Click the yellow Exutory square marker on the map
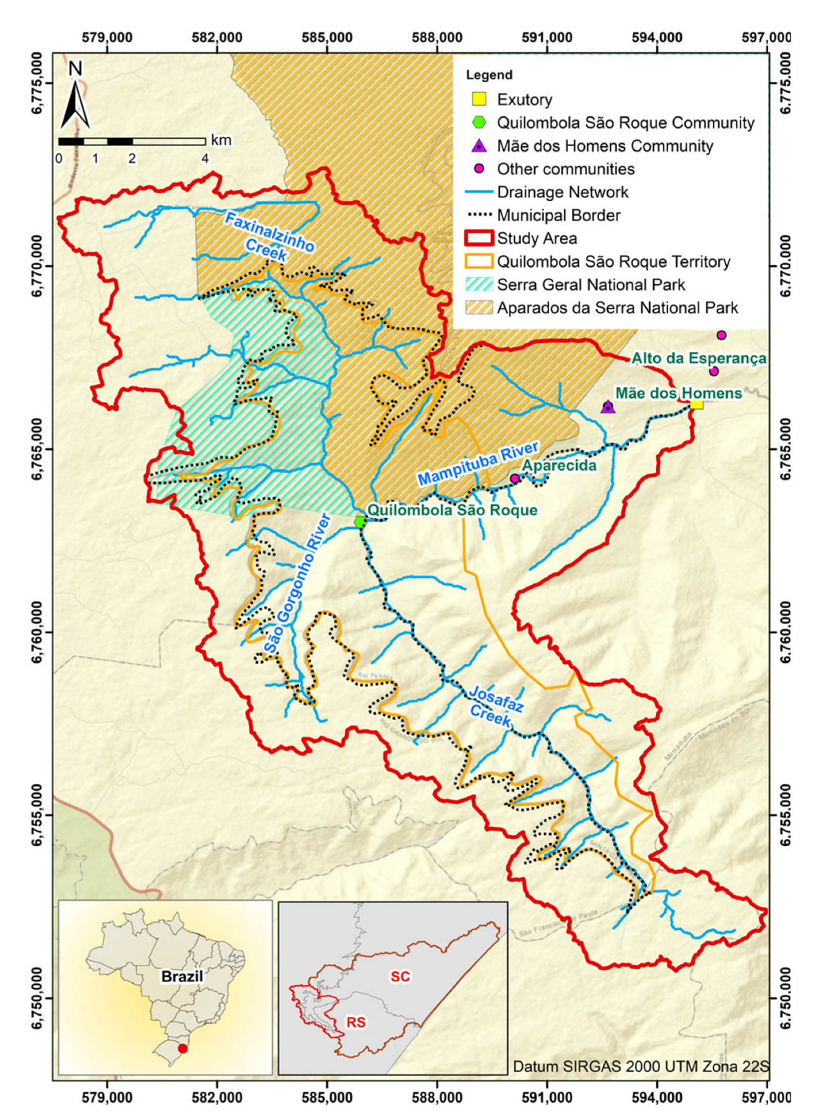(696, 404)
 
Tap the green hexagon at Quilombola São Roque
(360, 522)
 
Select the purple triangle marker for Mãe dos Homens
(608, 407)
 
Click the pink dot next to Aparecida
(515, 479)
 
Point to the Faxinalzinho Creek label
(269, 236)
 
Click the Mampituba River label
(478, 463)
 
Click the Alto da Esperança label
(699, 358)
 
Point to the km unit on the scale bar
(221, 140)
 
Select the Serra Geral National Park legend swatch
(479, 285)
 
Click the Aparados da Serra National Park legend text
(618, 308)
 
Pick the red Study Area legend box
(479, 238)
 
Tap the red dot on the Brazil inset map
(183, 1048)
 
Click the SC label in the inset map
(401, 976)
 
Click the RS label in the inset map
(356, 1022)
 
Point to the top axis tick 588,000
(437, 38)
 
